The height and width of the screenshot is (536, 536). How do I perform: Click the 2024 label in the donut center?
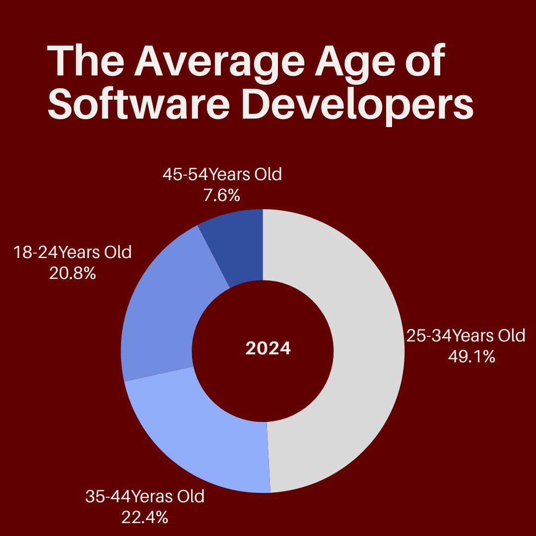(x=268, y=348)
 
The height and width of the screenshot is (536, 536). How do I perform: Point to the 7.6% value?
(x=222, y=196)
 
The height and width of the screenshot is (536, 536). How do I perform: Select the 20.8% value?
(x=72, y=273)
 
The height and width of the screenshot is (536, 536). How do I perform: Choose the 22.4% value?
(x=144, y=517)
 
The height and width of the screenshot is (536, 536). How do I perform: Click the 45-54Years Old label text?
(x=222, y=175)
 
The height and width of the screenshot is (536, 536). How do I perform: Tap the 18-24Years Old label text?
(x=72, y=252)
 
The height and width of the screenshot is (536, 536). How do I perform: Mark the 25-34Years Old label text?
(x=466, y=336)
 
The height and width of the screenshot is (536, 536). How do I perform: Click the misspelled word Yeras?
(x=153, y=497)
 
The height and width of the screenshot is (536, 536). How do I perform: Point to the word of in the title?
(x=424, y=62)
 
